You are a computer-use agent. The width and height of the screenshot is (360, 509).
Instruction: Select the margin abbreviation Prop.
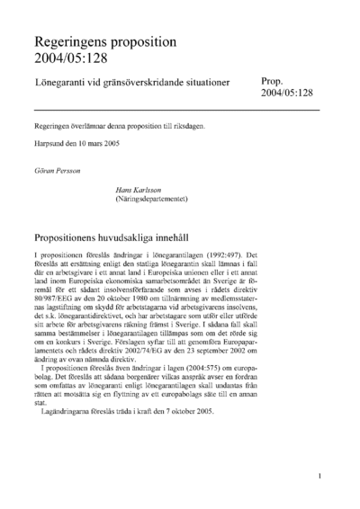[274, 80]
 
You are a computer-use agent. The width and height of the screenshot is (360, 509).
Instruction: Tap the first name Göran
[43, 167]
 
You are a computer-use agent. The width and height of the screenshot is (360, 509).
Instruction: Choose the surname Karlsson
[148, 190]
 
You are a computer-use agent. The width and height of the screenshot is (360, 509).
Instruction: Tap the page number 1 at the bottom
[320, 478]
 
